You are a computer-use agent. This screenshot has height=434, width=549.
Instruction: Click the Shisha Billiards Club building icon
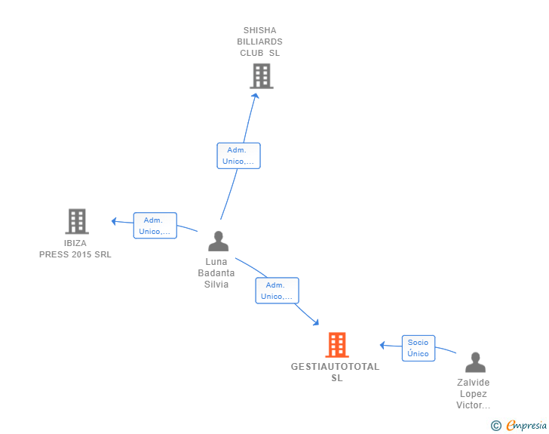click(x=262, y=76)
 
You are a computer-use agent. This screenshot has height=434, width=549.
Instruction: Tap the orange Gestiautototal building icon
click(x=337, y=345)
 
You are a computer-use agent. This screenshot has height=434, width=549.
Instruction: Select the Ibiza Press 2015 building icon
click(x=77, y=221)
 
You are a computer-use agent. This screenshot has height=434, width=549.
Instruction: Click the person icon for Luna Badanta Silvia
click(x=218, y=242)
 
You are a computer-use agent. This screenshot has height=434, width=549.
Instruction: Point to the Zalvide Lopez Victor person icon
click(x=475, y=362)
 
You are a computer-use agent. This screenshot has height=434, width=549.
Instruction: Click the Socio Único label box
click(x=419, y=348)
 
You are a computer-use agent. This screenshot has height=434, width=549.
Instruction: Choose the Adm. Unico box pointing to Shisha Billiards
click(x=238, y=155)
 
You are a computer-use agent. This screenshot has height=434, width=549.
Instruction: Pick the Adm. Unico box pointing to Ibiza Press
click(x=155, y=226)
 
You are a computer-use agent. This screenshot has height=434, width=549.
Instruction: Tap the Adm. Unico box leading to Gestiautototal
click(x=277, y=291)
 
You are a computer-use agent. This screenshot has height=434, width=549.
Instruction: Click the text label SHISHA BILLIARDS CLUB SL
click(x=259, y=42)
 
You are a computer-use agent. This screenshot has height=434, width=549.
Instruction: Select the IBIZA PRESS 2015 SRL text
click(x=75, y=249)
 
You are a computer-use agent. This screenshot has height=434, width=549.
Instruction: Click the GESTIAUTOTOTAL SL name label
click(x=335, y=372)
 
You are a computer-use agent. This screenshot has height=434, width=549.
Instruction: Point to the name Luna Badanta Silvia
click(x=216, y=273)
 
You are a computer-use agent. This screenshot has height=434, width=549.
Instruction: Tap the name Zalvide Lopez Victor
click(x=473, y=394)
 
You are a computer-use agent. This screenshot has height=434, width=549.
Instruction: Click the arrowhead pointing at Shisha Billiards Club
click(x=256, y=96)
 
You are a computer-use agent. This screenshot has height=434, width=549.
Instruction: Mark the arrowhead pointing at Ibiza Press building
click(x=114, y=221)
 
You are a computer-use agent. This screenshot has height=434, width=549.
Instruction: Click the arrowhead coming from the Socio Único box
click(x=382, y=345)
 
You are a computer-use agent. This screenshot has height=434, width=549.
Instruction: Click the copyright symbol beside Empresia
click(x=495, y=426)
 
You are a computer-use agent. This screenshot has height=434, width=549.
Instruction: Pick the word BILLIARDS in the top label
click(x=259, y=42)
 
